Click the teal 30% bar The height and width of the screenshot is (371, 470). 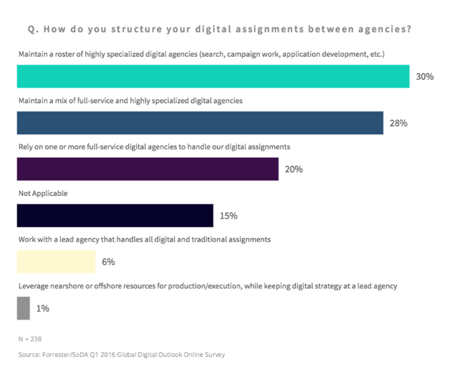tap(213, 77)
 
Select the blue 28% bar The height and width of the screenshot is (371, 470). tap(200, 122)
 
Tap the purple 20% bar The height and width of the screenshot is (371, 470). tap(147, 169)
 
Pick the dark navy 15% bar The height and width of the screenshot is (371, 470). tap(115, 215)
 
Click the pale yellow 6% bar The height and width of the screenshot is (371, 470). tap(56, 261)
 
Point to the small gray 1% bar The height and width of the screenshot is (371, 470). tap(23, 308)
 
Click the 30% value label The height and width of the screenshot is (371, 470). tap(424, 77)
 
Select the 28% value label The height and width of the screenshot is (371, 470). tap(398, 123)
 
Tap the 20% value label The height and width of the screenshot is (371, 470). tap(293, 169)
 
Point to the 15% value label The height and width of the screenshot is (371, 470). tap(228, 216)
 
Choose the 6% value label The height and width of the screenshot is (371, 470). tap(108, 262)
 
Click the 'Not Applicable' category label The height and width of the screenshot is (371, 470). tap(43, 193)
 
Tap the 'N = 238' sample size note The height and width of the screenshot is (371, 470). tap(30, 339)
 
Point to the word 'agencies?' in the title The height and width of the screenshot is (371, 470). tap(384, 30)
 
